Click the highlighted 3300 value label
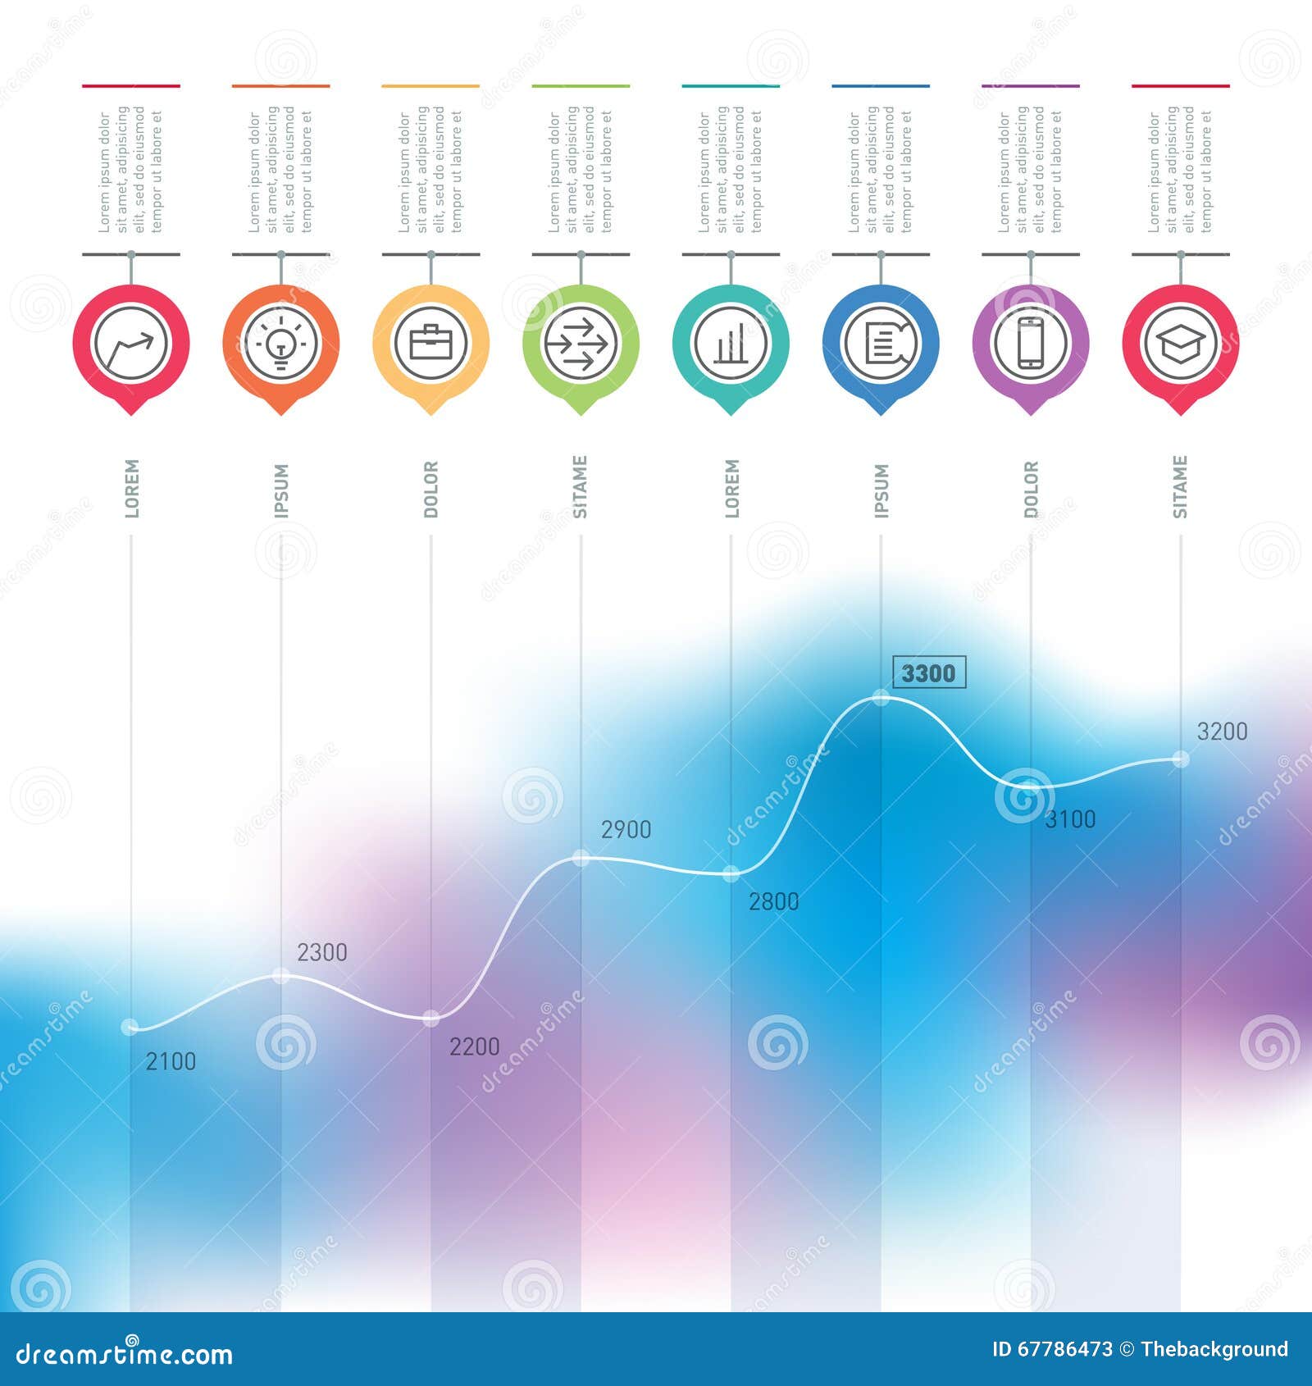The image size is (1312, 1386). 928,673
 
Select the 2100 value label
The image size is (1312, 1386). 171,1061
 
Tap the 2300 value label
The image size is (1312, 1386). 321,952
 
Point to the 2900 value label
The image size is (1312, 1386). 626,829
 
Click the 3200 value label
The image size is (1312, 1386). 1222,732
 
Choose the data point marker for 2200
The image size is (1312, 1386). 430,1019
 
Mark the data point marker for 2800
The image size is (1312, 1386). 731,874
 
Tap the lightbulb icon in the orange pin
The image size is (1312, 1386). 280,343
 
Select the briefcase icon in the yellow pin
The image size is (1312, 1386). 430,343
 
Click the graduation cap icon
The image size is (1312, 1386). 1180,343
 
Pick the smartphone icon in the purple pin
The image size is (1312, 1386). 1030,343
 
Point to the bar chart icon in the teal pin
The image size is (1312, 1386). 730,343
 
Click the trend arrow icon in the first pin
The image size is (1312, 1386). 131,343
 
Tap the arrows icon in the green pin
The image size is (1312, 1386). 581,343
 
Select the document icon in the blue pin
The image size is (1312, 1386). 880,343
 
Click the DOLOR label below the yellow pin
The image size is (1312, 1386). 431,490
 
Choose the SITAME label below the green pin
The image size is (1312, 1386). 581,487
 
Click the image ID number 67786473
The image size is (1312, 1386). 1064,1349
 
